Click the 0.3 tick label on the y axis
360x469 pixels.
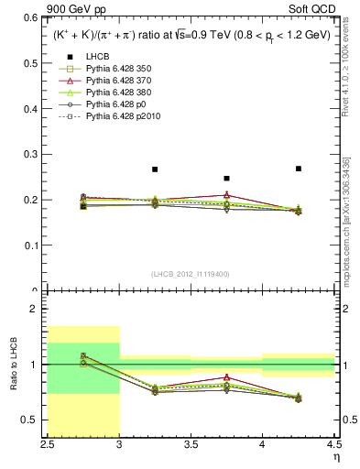(35, 155)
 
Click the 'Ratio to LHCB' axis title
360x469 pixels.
(15, 364)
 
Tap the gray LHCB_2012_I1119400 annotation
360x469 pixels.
(191, 274)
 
